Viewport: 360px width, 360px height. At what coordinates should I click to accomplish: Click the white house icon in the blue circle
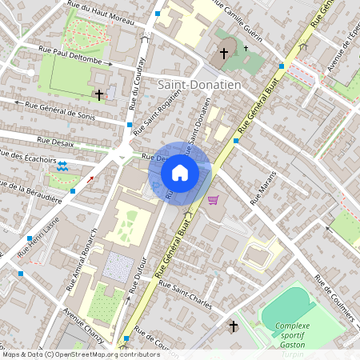pos(180,171)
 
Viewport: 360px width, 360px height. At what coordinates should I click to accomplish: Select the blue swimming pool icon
pos(62,166)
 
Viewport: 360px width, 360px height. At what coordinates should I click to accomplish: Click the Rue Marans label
pos(263,192)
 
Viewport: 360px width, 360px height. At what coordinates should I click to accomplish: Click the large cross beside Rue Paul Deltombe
pos(98,94)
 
